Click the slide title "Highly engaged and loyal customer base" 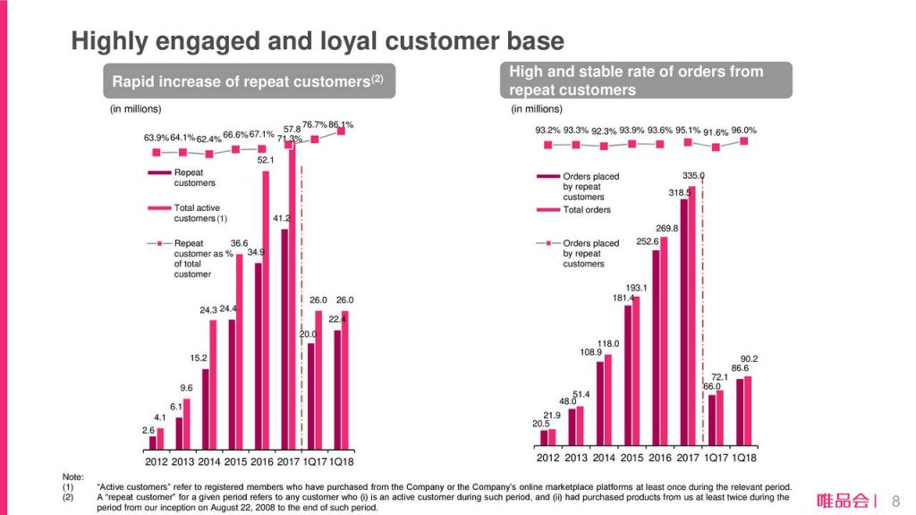(318, 41)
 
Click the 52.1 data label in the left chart (266, 160)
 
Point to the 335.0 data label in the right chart (693, 176)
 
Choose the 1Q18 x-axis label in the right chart (743, 458)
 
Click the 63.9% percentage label (157, 139)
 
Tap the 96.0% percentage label (743, 130)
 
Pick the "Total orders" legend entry (587, 210)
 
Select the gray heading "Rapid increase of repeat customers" (248, 81)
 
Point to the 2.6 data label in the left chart (148, 430)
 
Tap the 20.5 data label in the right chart (540, 423)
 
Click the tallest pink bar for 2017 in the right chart (691, 313)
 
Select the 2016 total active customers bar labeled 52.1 (266, 308)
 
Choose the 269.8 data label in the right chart (667, 228)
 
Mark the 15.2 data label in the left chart (199, 359)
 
